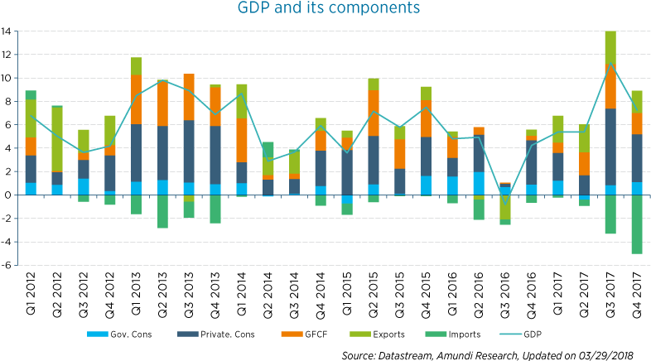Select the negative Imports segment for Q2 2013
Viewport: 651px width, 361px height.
(163, 211)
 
